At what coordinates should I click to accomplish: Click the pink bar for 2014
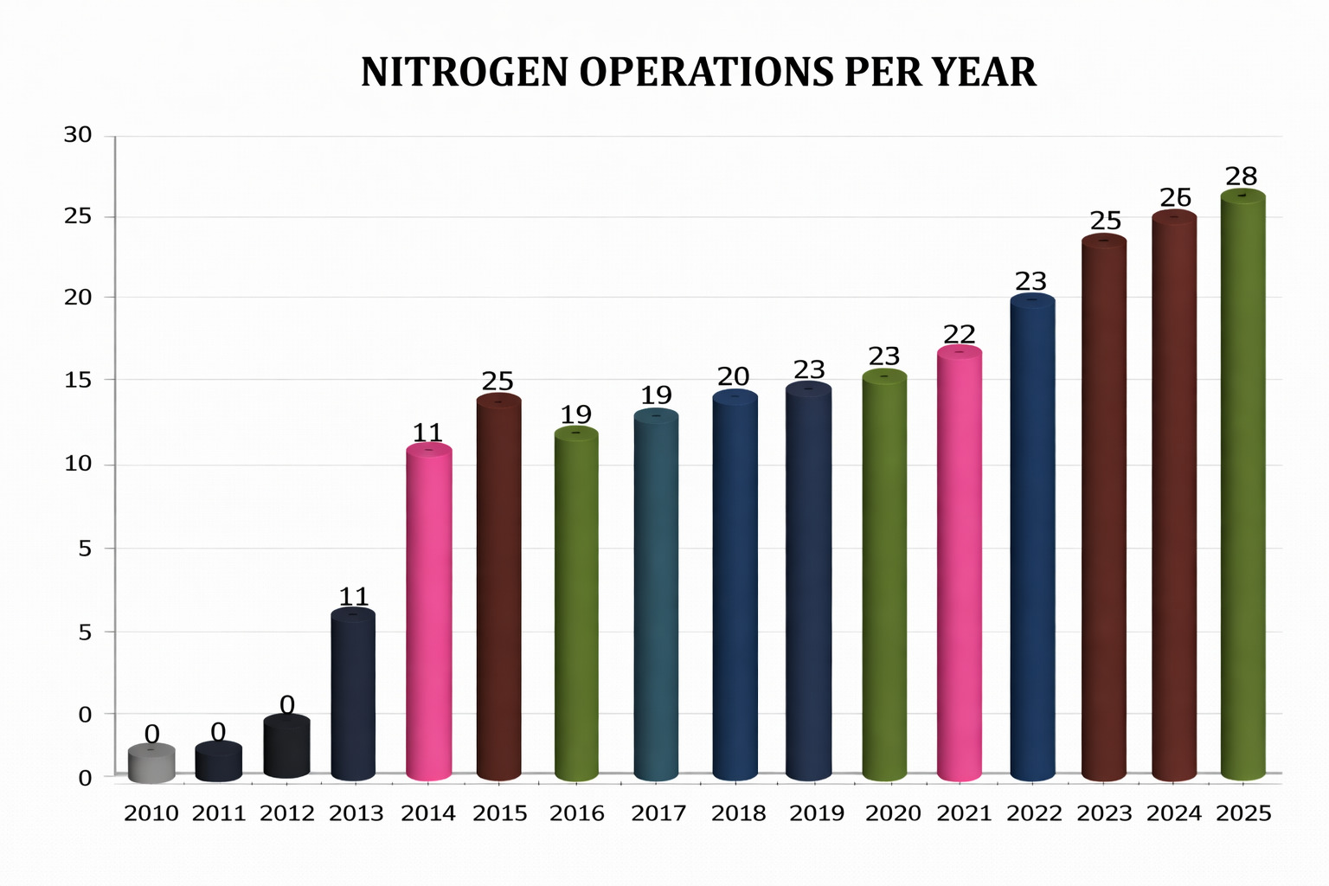coord(429,614)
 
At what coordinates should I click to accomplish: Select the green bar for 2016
coord(576,606)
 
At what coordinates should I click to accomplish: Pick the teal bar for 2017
coord(656,597)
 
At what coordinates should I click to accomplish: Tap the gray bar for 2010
coord(151,764)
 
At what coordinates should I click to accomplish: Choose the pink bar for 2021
coord(960,567)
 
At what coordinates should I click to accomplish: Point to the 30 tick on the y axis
coord(78,135)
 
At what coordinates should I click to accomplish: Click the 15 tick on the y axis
coord(78,379)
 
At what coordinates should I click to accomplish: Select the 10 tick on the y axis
coord(78,464)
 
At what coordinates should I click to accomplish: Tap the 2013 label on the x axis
coord(356,813)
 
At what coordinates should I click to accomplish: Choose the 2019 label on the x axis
coord(817,813)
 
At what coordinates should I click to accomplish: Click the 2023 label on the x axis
coord(1104,813)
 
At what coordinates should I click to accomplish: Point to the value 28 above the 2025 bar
coord(1241,177)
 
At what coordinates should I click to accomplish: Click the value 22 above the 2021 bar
coord(960,334)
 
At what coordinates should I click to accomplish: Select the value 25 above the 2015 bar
coord(498,382)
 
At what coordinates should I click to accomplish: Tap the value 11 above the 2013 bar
coord(353,597)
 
